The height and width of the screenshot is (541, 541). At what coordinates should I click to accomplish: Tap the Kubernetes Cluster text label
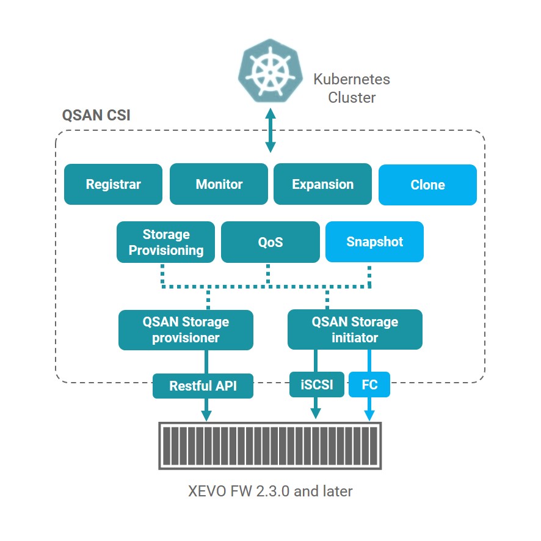(351, 88)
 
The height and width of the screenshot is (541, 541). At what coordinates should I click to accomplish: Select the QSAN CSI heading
(96, 116)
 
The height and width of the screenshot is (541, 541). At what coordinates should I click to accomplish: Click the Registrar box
(113, 184)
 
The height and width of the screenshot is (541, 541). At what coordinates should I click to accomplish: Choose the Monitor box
(219, 184)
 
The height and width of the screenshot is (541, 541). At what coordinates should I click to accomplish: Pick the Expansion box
(322, 184)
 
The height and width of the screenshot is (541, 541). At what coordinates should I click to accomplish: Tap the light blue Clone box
(427, 185)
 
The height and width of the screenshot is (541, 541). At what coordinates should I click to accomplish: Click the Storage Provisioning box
(166, 242)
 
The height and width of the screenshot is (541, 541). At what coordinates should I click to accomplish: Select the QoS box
(270, 242)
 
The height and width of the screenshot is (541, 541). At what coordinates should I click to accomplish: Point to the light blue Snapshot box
(374, 241)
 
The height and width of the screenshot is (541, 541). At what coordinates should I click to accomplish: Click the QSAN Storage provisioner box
(186, 329)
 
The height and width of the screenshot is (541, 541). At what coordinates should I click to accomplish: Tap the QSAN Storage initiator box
(354, 329)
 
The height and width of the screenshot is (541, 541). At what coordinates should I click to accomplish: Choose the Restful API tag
(203, 386)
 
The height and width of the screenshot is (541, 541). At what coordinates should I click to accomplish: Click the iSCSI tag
(316, 385)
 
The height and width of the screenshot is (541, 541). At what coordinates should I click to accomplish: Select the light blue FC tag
(369, 385)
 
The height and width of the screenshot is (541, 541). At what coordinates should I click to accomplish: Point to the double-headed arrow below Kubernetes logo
(270, 130)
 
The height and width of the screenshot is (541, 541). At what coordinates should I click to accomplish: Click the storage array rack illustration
(270, 446)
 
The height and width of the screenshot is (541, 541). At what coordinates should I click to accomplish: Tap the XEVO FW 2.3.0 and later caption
(270, 491)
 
